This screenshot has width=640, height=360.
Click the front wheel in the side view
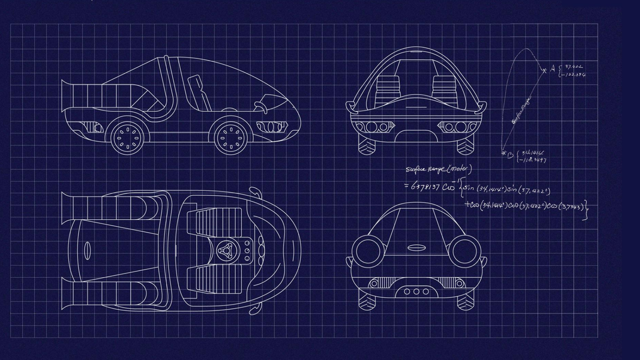coord(231,137)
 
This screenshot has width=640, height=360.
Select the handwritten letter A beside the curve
coord(553,68)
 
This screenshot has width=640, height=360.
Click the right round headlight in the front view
coord(464,251)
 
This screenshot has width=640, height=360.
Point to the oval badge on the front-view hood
coord(415,247)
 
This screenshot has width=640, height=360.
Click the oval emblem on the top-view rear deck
coord(87,249)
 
